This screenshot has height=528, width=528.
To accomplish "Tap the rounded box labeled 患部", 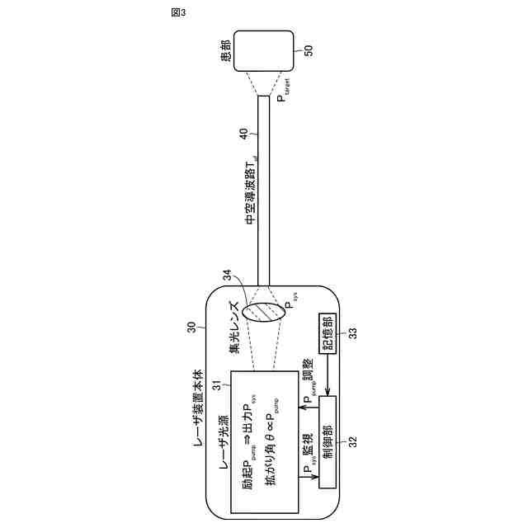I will (263, 50).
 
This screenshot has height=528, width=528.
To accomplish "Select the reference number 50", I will (309, 50).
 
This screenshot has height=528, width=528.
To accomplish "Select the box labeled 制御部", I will (328, 441).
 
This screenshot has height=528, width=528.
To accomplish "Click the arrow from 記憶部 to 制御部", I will (328, 376).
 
